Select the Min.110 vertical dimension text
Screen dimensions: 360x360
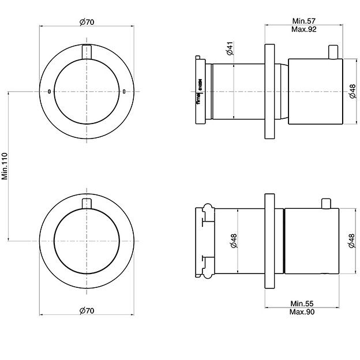[5, 166]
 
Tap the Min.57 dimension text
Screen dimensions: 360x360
[303, 21]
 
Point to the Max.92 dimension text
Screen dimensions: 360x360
[303, 29]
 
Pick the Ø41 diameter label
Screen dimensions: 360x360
[229, 48]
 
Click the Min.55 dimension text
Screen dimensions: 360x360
[302, 303]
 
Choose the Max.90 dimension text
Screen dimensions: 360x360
[302, 312]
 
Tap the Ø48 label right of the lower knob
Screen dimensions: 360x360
[351, 241]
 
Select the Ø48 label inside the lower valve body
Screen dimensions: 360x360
[234, 241]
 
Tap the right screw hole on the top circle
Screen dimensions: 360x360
[124, 91]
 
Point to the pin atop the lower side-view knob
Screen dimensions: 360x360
[326, 203]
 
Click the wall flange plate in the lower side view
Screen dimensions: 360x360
[269, 241]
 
